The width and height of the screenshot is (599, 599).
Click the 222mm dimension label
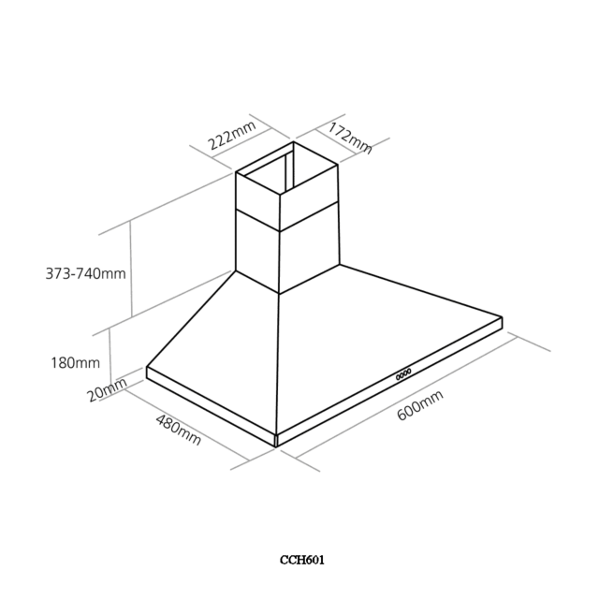tap(231, 135)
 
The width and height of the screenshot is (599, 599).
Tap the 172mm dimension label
tap(349, 138)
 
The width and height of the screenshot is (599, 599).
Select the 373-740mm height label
tap(85, 273)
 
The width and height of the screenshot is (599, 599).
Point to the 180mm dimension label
tap(75, 362)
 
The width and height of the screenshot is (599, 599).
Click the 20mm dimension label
tap(108, 389)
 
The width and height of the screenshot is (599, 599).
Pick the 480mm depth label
tap(178, 431)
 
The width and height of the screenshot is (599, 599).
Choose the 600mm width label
tap(420, 405)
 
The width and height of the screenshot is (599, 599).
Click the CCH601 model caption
tap(302, 560)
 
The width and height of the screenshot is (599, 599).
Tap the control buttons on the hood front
tap(403, 374)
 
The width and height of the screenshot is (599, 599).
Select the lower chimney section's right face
tap(310, 248)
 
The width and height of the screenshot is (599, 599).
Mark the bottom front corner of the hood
tap(276, 446)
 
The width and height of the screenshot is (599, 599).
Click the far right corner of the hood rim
tap(502, 317)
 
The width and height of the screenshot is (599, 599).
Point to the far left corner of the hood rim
tap(147, 368)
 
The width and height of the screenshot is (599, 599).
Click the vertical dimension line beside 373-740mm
tap(131, 269)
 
